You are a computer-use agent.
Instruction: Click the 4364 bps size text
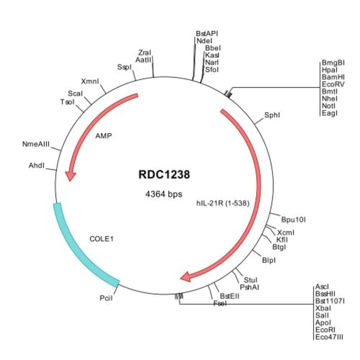click(164, 194)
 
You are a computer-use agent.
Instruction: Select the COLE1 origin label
click(101, 239)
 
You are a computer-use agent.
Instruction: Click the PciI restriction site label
click(106, 299)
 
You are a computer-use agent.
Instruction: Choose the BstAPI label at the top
click(207, 33)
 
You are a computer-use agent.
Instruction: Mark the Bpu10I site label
click(294, 219)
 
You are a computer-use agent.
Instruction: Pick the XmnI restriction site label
click(90, 81)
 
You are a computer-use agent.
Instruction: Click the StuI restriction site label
click(250, 280)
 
